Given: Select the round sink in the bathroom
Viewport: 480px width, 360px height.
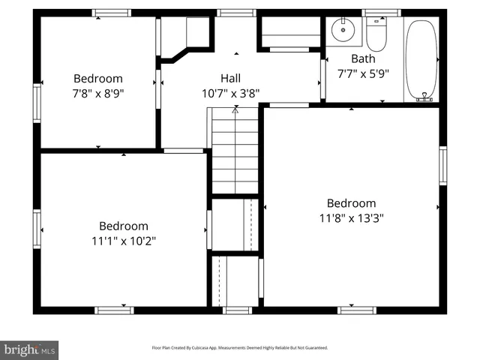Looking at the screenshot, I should coord(343,31).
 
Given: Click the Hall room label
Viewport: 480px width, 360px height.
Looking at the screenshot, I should coord(230,78).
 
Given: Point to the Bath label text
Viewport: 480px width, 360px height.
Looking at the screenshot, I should coord(362,58).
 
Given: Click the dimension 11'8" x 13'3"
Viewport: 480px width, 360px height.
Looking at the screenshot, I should coord(351,217).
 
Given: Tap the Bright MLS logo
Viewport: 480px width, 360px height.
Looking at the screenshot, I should coord(30,349).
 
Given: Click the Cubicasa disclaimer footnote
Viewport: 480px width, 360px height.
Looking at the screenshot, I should coord(240,348).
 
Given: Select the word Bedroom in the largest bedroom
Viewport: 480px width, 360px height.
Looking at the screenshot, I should coord(351,202).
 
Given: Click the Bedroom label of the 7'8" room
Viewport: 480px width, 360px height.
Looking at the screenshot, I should coord(97,78).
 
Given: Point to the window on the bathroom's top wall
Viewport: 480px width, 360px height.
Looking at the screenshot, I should coord(381,13).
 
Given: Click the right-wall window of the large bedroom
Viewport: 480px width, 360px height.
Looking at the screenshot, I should coord(442,166).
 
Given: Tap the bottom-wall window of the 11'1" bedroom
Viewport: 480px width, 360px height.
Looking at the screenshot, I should coord(115,309).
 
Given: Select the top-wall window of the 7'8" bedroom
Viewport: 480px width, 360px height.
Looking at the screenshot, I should coord(111,13).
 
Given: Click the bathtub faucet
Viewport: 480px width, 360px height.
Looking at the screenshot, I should coord(426,96).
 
